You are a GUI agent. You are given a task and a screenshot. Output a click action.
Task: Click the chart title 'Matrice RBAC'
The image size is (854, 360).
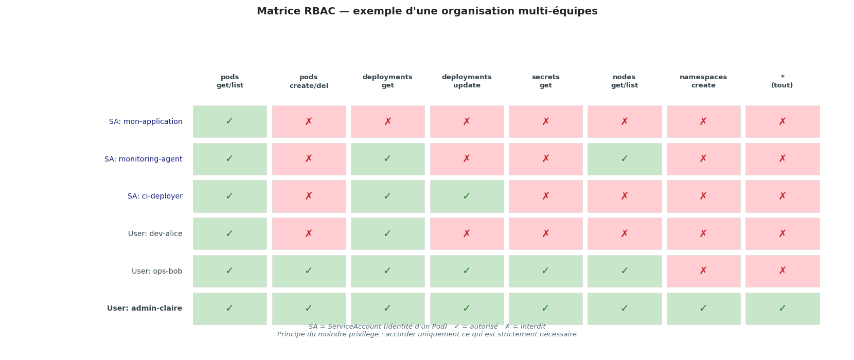click(427, 11)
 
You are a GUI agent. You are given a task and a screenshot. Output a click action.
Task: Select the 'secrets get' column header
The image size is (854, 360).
click(545, 81)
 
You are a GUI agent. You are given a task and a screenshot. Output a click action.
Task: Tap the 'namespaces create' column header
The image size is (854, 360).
click(703, 81)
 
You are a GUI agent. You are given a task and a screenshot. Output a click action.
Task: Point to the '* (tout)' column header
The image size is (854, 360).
click(782, 81)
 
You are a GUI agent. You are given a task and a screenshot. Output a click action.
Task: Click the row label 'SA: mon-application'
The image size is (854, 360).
click(146, 122)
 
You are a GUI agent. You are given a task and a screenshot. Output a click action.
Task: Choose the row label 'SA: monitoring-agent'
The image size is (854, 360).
click(143, 159)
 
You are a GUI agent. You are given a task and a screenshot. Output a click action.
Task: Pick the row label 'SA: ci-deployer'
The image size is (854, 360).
click(155, 196)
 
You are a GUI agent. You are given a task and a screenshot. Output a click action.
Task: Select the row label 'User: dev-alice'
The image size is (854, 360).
click(155, 234)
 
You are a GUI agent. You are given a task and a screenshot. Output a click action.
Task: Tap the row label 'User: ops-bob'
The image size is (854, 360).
click(157, 272)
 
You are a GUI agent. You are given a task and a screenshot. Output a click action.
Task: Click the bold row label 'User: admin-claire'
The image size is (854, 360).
click(145, 309)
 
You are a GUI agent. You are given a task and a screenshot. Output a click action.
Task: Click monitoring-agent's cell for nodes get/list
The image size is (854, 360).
click(625, 159)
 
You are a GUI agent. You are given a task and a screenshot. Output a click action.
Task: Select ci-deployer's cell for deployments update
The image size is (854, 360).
click(467, 196)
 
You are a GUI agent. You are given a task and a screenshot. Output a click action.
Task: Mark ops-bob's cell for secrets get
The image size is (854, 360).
click(545, 271)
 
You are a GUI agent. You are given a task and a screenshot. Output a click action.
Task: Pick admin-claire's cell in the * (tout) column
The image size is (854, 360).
click(782, 309)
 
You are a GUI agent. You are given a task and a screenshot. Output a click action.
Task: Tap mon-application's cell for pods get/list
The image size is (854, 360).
click(230, 121)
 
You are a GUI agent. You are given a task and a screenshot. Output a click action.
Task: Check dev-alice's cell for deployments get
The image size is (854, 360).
click(388, 233)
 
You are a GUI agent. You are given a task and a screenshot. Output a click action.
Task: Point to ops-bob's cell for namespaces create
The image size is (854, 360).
click(703, 271)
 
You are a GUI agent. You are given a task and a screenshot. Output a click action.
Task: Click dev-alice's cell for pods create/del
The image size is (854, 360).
click(309, 233)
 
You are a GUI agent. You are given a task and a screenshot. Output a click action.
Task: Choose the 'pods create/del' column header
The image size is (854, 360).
click(309, 81)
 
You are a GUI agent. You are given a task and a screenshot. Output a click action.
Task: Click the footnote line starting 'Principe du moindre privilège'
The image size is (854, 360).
click(427, 334)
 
